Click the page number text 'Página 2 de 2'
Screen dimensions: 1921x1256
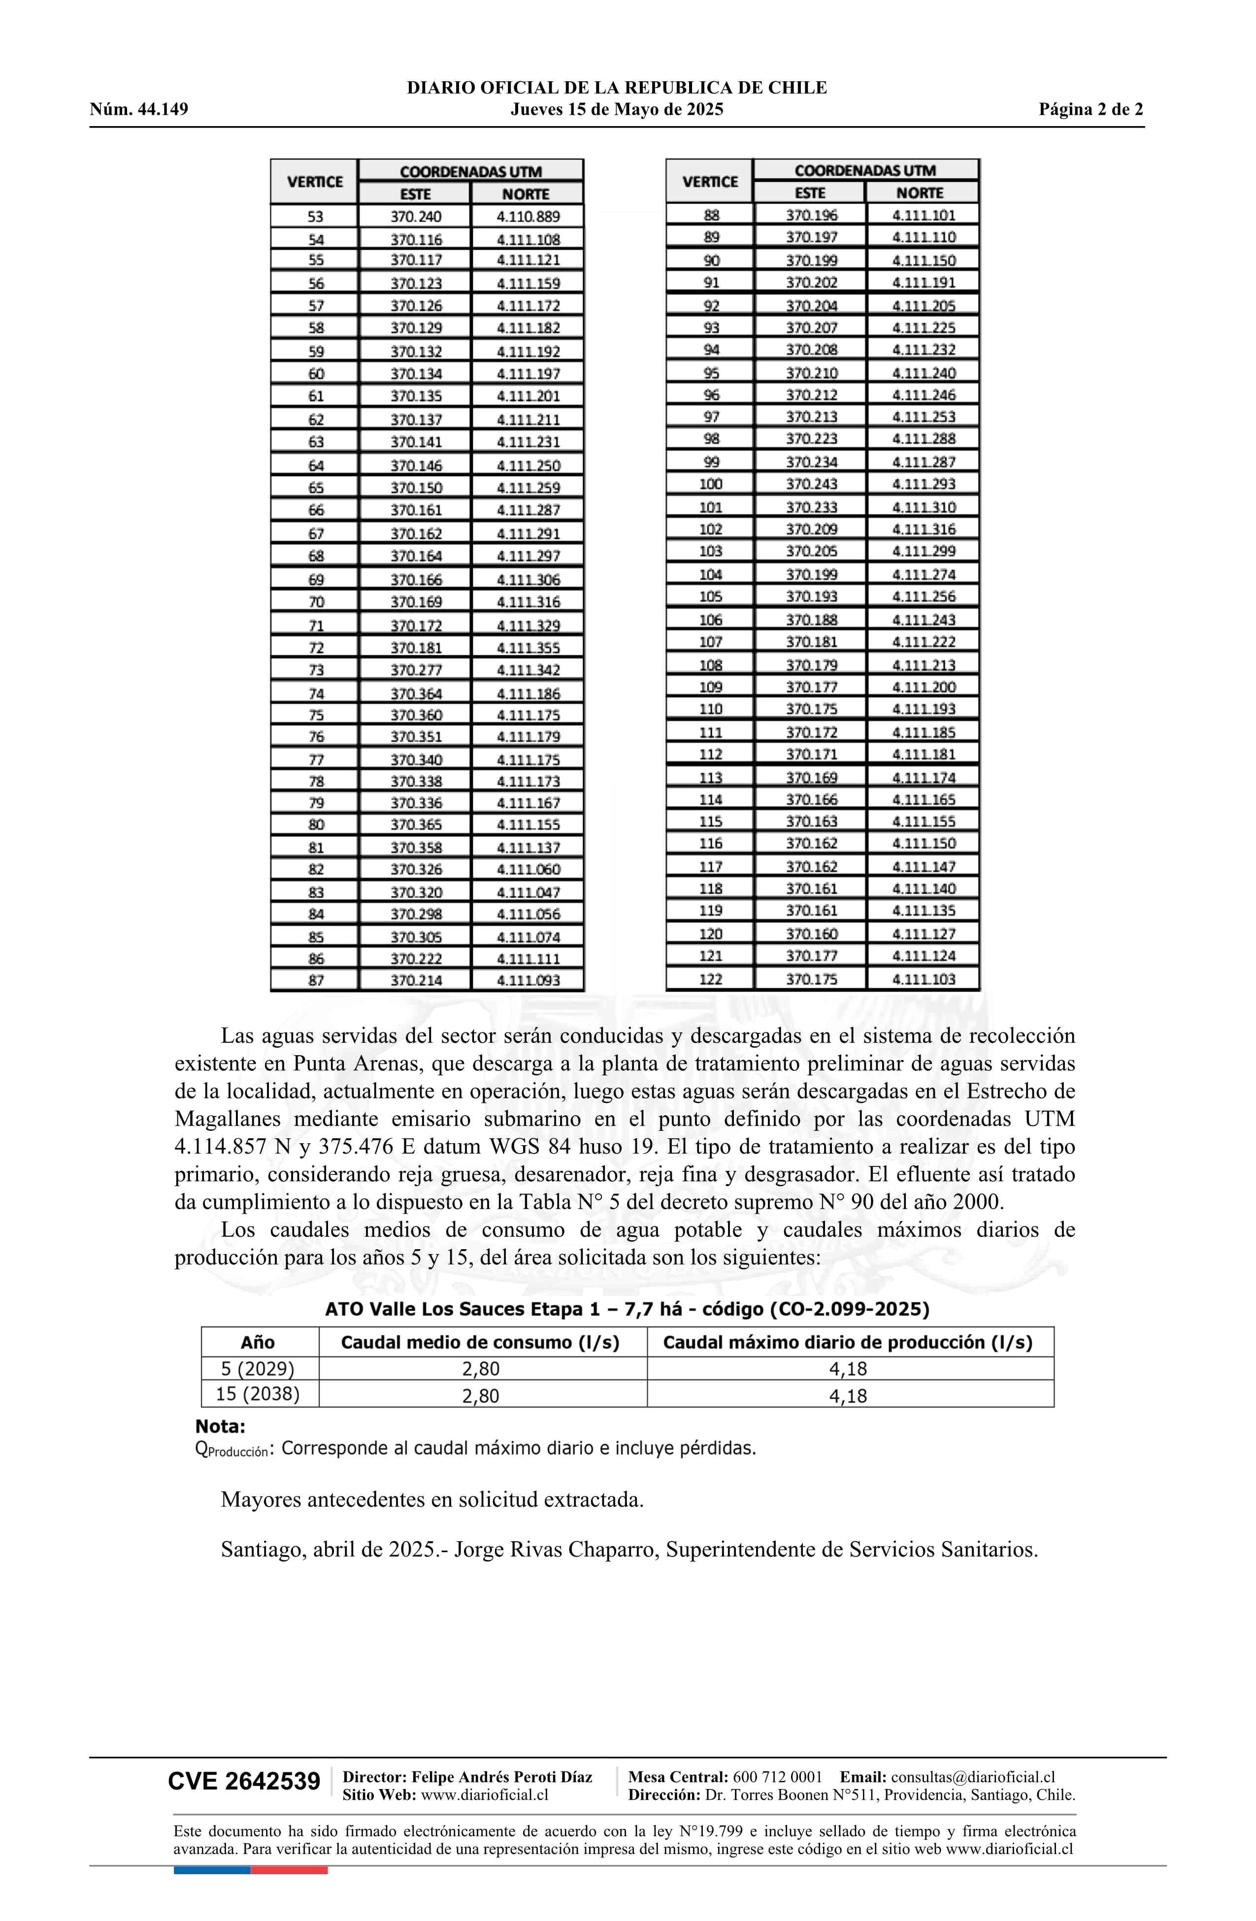click(x=1090, y=110)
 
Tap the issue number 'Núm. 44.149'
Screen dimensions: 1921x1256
click(x=139, y=110)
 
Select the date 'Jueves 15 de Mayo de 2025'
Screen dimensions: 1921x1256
click(x=617, y=110)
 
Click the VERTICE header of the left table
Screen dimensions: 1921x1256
click(x=315, y=182)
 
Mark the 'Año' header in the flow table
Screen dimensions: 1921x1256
click(x=258, y=1342)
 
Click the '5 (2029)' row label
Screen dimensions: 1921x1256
click(x=258, y=1369)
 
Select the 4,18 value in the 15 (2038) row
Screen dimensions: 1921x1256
click(x=848, y=1395)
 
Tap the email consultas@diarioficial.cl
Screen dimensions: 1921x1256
click(x=973, y=1777)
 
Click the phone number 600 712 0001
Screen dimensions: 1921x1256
click(x=777, y=1777)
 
